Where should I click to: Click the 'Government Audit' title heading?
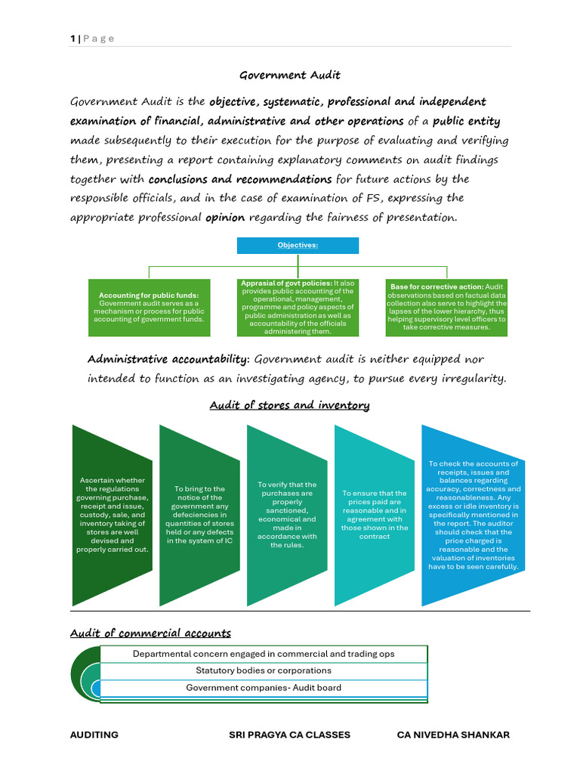(x=290, y=75)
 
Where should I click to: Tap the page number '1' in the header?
(x=73, y=39)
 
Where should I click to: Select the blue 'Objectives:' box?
(x=298, y=246)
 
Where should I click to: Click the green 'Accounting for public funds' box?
(x=149, y=308)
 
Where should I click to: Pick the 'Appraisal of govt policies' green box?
(x=298, y=308)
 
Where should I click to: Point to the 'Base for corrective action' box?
(x=447, y=308)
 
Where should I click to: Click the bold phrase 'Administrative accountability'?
(x=168, y=359)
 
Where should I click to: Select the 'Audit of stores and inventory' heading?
(x=289, y=405)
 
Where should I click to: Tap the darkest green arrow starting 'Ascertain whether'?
(x=112, y=515)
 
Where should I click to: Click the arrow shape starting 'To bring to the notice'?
(x=199, y=515)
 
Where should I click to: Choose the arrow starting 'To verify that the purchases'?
(x=287, y=515)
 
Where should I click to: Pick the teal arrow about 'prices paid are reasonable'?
(x=375, y=515)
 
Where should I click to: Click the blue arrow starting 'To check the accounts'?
(x=473, y=515)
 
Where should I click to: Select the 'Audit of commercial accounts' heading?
(x=150, y=633)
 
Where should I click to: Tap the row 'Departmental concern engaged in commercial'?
(x=264, y=654)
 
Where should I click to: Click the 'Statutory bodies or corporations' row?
(x=264, y=670)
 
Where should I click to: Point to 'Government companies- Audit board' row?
(x=264, y=688)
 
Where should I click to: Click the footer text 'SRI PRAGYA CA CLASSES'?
(x=289, y=735)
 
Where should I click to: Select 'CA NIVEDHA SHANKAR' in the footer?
(x=453, y=735)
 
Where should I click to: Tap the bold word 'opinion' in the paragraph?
(x=225, y=217)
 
